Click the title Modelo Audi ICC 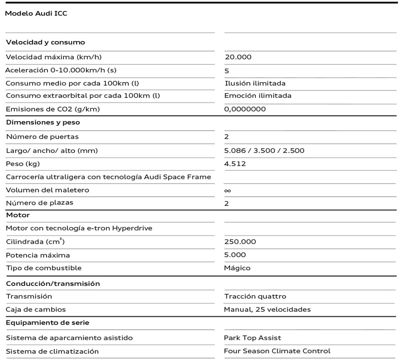[x=36, y=14]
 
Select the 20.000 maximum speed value [x=238, y=57]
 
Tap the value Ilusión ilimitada [x=255, y=83]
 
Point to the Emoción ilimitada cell [x=258, y=96]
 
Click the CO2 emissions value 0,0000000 [x=245, y=109]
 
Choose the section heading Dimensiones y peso [x=43, y=122]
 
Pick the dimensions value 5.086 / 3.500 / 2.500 [x=264, y=150]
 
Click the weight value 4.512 [x=235, y=164]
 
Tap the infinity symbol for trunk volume [x=227, y=190]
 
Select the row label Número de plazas [x=39, y=203]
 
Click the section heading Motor [x=17, y=215]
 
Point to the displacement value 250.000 [x=240, y=242]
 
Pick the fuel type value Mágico [x=237, y=268]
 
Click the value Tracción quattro [x=255, y=297]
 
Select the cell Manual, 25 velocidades [x=267, y=309]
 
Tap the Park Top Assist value [x=253, y=338]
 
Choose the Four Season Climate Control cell [x=277, y=351]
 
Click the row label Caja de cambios [x=36, y=309]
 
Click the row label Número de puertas [x=42, y=137]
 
